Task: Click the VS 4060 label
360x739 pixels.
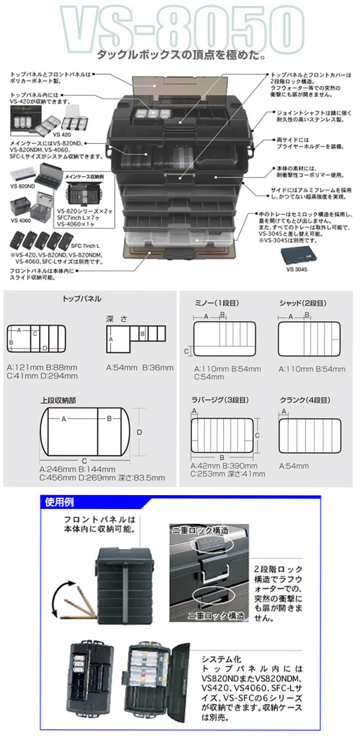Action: [21, 219]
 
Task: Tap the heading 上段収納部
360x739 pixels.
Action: [58, 400]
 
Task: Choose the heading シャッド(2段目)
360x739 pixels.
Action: [303, 303]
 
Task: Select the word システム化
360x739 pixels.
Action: [220, 658]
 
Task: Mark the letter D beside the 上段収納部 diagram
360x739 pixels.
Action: [139, 432]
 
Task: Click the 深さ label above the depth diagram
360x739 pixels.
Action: [116, 319]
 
